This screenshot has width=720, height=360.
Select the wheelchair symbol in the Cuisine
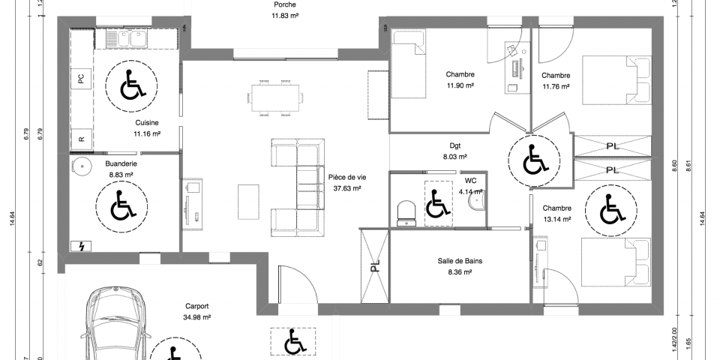132,84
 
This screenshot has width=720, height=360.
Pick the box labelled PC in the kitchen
80,78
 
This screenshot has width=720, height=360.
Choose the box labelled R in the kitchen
80,139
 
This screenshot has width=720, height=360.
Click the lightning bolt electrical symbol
79,245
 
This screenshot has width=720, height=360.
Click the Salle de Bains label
460,261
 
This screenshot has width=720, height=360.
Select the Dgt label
454,146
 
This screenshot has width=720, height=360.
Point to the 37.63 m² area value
346,189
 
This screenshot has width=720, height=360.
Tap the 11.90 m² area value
460,86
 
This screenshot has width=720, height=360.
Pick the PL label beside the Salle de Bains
375,265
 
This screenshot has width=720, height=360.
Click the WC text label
470,181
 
